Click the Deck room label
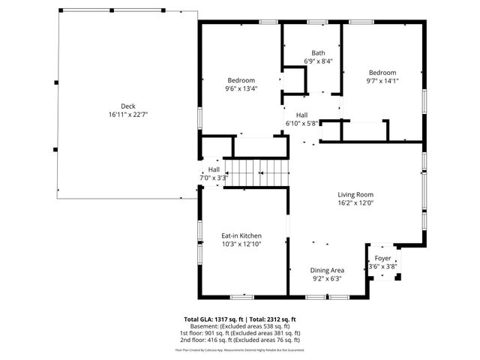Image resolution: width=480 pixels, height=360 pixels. pos(128,106)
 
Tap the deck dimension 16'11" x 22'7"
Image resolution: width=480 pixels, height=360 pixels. pos(128,115)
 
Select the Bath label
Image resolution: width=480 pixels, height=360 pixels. pos(319,52)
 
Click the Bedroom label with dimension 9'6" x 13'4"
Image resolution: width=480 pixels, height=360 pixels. pos(241,80)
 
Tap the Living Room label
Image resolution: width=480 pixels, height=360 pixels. pos(355,193)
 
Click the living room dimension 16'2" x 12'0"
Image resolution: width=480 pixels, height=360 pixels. pos(355,202)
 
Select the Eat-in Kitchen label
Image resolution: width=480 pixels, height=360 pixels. pos(241,235)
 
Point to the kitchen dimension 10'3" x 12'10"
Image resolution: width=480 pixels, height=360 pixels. pos(241,244)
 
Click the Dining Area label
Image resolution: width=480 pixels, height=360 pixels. pos(327,270)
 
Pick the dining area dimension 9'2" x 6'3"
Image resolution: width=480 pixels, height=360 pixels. pos(327,279)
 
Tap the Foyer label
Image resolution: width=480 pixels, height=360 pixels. pos(382,257)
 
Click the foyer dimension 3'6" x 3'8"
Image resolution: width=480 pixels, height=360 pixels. pos(382,266)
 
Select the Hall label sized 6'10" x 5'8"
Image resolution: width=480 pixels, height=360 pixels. pos(302,114)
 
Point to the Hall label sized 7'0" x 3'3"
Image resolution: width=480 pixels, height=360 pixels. pos(214,169)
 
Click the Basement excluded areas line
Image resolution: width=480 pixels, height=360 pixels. pos(240,326)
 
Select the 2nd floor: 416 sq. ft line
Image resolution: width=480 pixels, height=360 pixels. pos(240,340)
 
